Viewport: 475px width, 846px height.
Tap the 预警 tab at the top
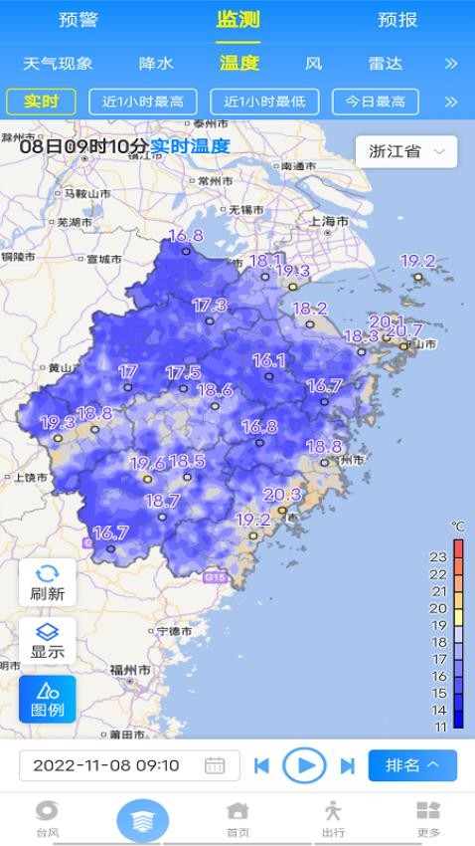point(79,20)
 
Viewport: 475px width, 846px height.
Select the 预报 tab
point(397,20)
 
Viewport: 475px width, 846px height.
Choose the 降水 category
point(156,64)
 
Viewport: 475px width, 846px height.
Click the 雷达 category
point(386,64)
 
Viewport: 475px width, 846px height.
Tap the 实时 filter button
point(41,102)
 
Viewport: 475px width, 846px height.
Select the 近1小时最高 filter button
point(143,102)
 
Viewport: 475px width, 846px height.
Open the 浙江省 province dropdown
point(405,151)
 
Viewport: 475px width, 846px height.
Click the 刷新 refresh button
point(47,582)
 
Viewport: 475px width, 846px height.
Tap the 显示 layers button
point(47,641)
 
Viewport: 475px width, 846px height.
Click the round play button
point(304,765)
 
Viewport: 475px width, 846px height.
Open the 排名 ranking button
point(412,765)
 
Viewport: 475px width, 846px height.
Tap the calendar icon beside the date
point(215,765)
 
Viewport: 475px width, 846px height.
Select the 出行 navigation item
point(333,818)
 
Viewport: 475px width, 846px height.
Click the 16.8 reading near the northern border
point(185,236)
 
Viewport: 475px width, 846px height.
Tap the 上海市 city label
point(329,221)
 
